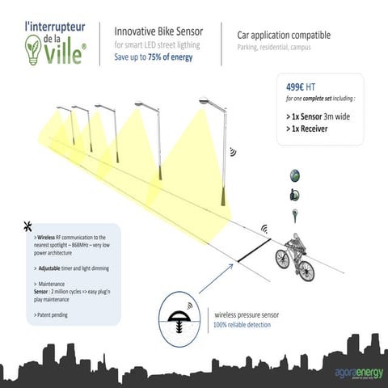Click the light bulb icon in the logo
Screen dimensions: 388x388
(32, 47)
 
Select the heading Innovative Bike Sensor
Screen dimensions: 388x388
(158, 32)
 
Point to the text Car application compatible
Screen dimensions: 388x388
(285, 36)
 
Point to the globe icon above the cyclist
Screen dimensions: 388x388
(294, 175)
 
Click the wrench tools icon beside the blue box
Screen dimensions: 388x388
(28, 226)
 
